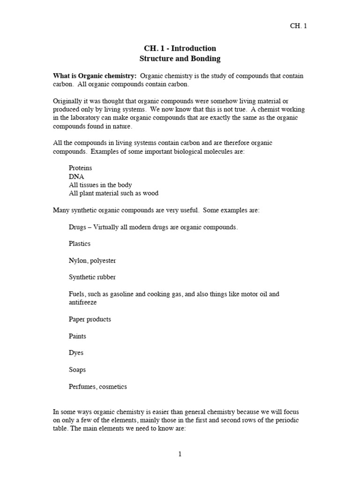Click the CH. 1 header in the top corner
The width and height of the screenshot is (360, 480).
click(299, 26)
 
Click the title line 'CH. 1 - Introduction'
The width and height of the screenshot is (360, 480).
click(180, 48)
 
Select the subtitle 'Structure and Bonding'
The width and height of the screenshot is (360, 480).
click(180, 59)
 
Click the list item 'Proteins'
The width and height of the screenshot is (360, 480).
click(80, 168)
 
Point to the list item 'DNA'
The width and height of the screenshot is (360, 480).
click(76, 176)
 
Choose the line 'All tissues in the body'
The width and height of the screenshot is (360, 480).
click(100, 185)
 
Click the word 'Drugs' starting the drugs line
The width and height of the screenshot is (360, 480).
click(77, 227)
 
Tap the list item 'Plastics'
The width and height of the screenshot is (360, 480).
click(80, 244)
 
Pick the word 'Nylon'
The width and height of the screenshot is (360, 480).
click(77, 261)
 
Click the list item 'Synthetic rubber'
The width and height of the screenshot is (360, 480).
click(92, 277)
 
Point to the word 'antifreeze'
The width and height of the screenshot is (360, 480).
click(83, 302)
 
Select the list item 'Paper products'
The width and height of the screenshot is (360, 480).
click(90, 319)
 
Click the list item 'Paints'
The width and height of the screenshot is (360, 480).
click(77, 336)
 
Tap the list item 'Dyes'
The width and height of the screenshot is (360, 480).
click(76, 353)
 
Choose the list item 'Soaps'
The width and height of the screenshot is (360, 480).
click(77, 370)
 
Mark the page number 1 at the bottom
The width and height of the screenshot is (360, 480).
click(180, 454)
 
